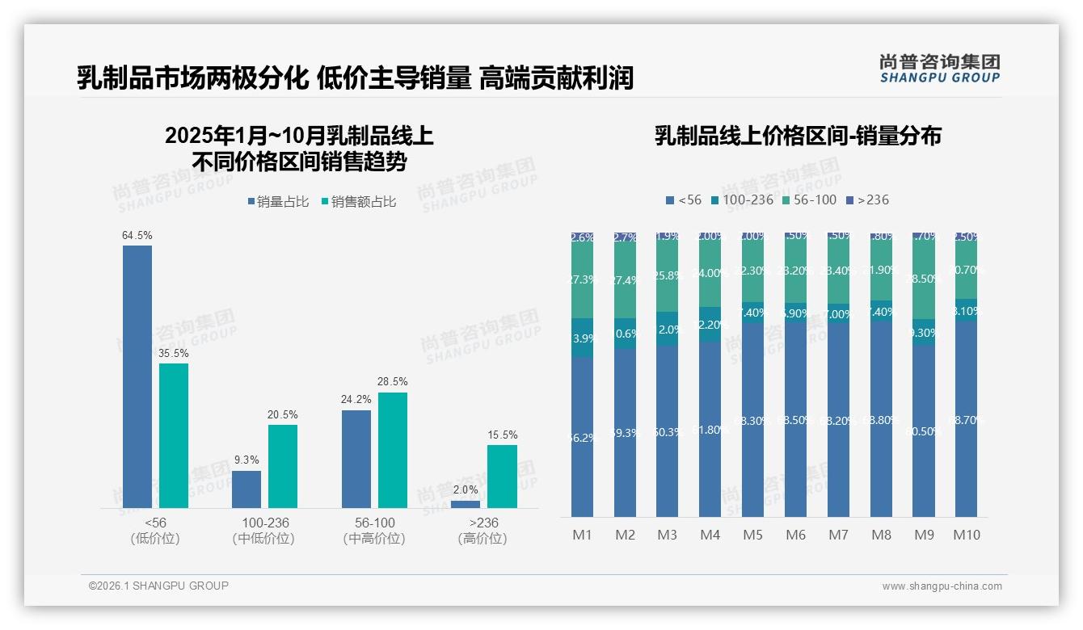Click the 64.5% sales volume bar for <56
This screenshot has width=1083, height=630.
(x=137, y=376)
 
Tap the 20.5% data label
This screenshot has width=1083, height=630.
(x=283, y=414)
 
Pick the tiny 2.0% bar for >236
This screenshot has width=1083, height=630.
(x=466, y=504)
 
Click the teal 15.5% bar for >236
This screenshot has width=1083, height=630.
(x=502, y=476)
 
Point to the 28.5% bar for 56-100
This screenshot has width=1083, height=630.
(x=393, y=450)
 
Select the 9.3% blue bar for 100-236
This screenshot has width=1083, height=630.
(x=247, y=489)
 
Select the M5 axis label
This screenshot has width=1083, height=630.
(x=752, y=535)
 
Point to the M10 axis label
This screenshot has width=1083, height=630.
(x=966, y=535)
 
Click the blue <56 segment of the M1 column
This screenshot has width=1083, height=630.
(x=583, y=436)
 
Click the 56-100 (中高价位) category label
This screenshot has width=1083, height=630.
(x=374, y=531)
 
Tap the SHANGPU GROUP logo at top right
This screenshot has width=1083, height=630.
(x=940, y=69)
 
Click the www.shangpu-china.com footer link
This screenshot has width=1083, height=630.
(x=942, y=586)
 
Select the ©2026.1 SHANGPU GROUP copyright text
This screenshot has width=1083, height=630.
(x=158, y=586)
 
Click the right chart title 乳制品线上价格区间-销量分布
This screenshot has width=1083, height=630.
(x=797, y=136)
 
